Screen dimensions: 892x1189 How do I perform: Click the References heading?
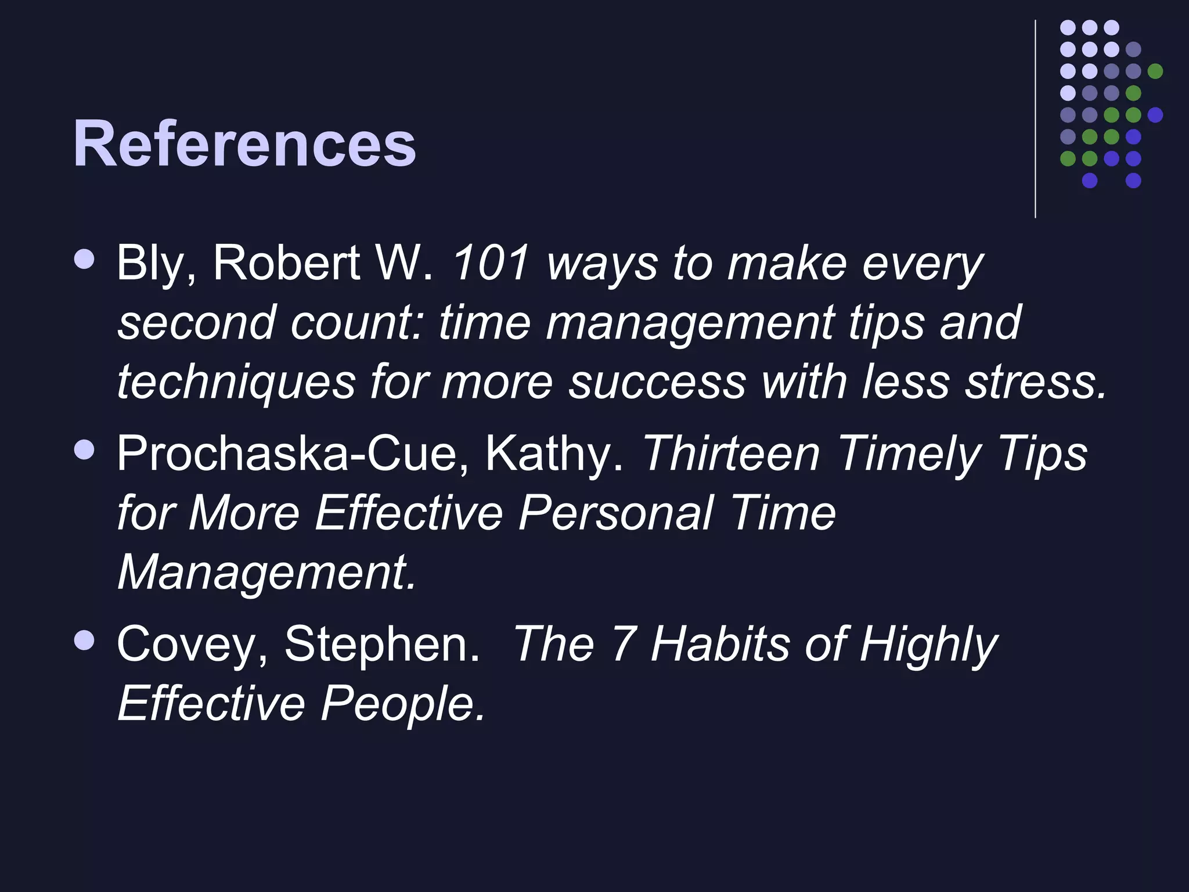pyautogui.click(x=244, y=143)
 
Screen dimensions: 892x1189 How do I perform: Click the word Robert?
pyautogui.click(x=286, y=263)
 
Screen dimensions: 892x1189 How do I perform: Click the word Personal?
pyautogui.click(x=615, y=513)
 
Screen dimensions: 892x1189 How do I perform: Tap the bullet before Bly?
pyautogui.click(x=85, y=259)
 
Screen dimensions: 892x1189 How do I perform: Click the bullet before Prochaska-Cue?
pyautogui.click(x=85, y=449)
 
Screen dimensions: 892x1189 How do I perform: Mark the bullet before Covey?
pyautogui.click(x=85, y=640)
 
